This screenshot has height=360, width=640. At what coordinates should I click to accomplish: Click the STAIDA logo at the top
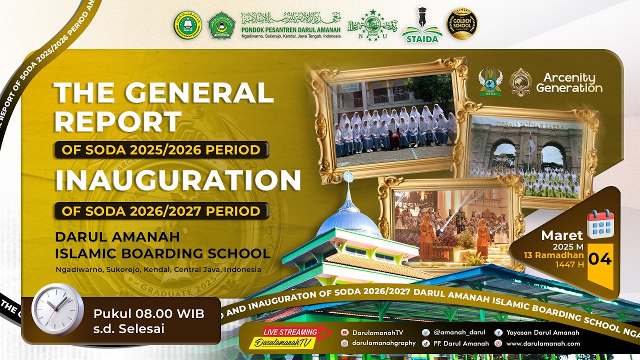422,25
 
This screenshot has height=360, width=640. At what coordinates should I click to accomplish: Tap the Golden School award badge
461,24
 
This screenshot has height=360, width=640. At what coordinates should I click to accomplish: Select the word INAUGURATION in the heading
178,180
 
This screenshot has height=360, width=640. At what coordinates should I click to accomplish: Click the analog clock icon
57,308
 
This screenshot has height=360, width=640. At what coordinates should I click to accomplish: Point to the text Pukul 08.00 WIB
148,314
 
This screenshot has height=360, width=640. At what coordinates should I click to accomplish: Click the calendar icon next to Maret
600,223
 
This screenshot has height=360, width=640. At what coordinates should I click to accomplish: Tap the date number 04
599,259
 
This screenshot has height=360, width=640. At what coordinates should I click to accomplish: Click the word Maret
562,235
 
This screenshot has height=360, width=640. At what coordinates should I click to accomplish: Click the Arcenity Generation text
569,82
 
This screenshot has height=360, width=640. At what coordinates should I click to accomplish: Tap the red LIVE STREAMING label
290,332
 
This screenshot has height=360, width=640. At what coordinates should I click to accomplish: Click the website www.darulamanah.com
543,343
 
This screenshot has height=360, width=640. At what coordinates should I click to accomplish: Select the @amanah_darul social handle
459,332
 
